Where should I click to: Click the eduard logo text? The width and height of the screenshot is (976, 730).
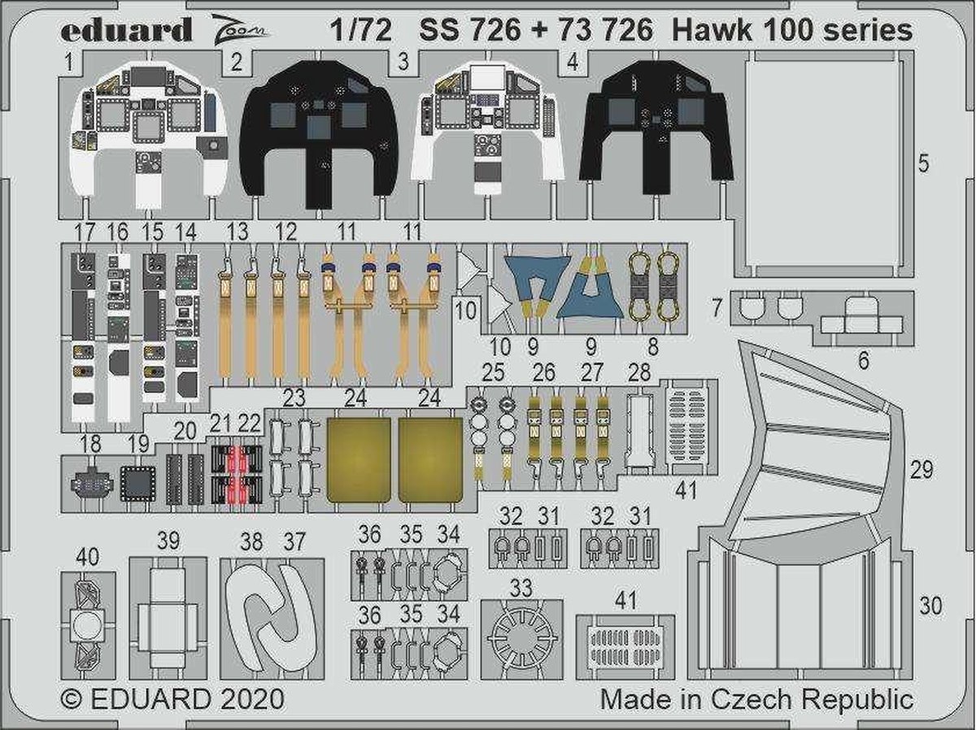[125, 31]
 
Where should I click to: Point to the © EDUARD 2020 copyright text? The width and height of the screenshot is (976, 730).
[172, 699]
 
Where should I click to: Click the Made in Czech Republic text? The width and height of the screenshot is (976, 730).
[756, 699]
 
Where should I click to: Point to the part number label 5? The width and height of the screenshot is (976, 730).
[923, 163]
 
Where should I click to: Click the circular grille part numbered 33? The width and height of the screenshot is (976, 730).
[521, 639]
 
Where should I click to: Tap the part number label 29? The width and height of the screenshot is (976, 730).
[922, 470]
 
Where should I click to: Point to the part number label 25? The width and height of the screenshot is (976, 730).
[493, 373]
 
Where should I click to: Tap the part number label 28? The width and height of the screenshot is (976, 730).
[639, 373]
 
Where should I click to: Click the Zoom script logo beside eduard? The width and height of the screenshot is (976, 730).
[244, 33]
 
